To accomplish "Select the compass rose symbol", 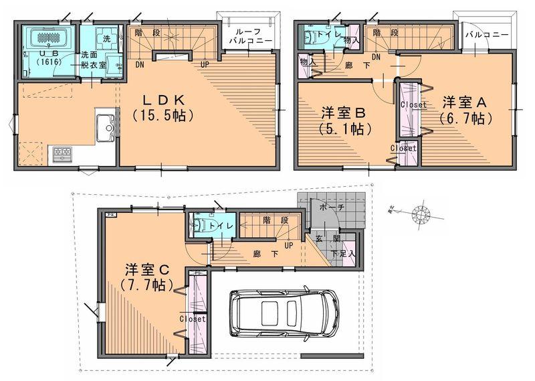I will click(421, 214).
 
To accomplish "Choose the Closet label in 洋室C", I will click(193, 319).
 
